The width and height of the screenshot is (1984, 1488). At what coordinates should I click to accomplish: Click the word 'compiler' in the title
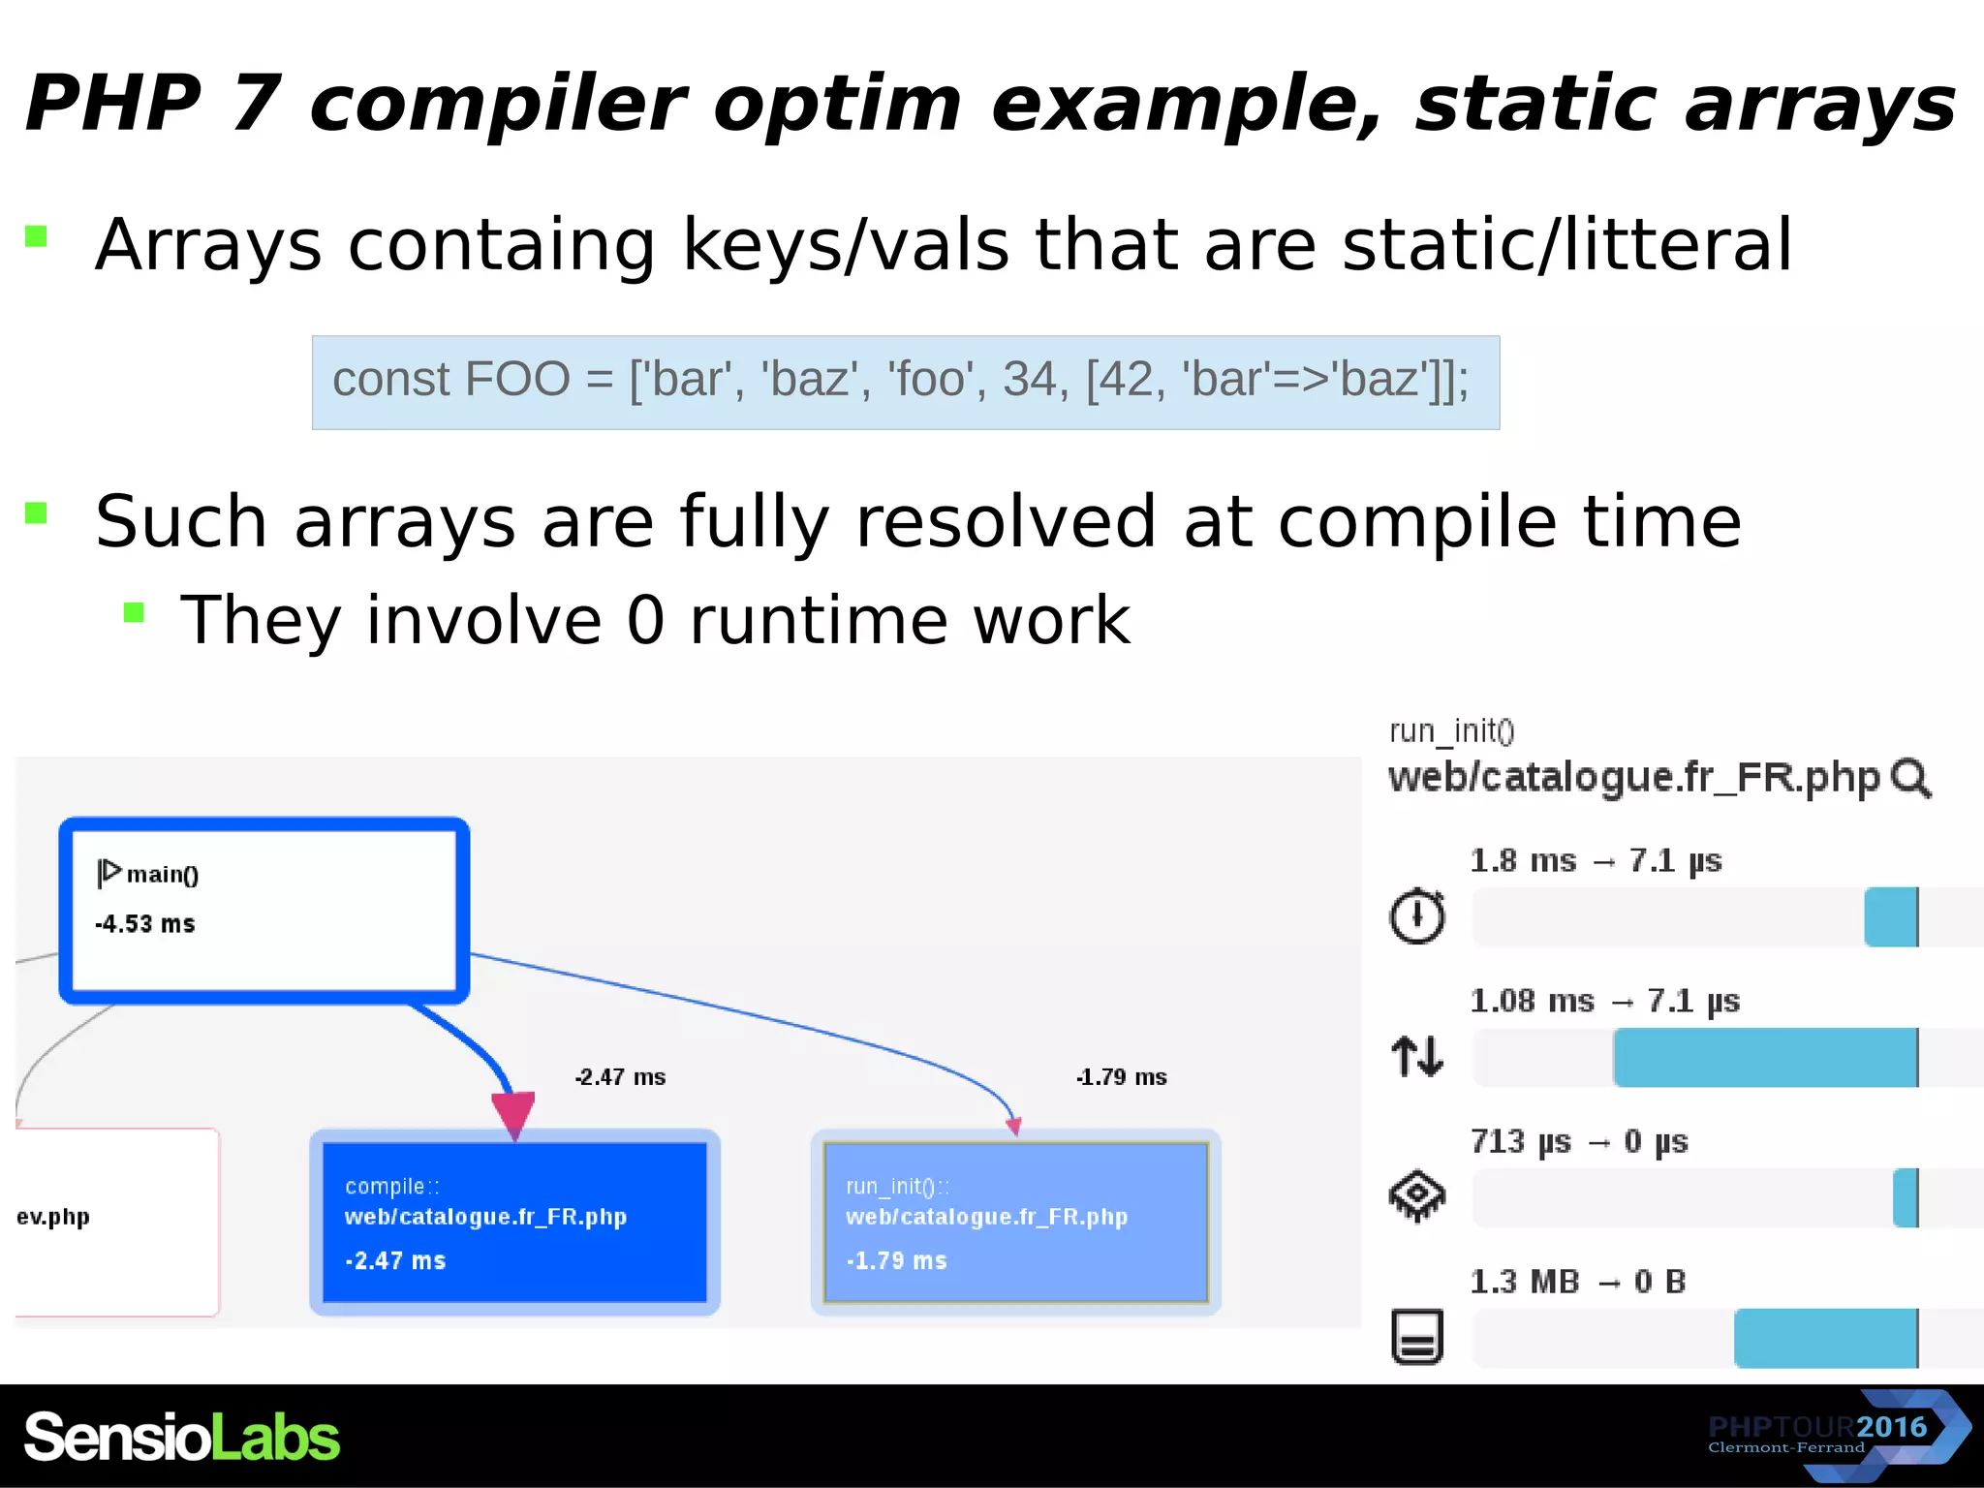[x=497, y=105]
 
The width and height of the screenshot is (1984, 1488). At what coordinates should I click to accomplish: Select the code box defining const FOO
[x=905, y=383]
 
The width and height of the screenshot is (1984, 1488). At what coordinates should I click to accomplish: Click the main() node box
[x=263, y=910]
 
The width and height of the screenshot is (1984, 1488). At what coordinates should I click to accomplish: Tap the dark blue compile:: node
[x=514, y=1222]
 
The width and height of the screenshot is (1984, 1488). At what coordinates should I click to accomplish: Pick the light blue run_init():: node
[x=1015, y=1222]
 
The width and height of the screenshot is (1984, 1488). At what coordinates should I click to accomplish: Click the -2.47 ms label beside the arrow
[x=620, y=1077]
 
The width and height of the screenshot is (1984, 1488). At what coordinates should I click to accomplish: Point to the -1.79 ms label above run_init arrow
[x=1121, y=1077]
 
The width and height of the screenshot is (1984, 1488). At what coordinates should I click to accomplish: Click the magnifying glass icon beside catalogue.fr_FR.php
[x=1910, y=778]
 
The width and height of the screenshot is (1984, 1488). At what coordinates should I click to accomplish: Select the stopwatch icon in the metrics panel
[x=1417, y=914]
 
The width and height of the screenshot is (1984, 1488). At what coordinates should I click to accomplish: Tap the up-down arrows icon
[x=1417, y=1056]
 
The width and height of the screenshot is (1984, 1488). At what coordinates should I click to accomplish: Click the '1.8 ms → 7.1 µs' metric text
[x=1596, y=860]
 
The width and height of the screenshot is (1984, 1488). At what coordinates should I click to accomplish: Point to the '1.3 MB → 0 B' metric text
[x=1577, y=1282]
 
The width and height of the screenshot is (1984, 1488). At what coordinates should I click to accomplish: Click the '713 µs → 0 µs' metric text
[x=1579, y=1141]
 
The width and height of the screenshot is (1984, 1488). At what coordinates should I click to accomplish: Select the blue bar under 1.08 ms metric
[x=1765, y=1057]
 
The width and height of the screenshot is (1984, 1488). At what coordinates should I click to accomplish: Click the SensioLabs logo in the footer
[x=182, y=1437]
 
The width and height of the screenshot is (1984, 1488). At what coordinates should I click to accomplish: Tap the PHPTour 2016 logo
[x=1836, y=1435]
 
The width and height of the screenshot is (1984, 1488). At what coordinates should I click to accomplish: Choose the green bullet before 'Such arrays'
[x=36, y=512]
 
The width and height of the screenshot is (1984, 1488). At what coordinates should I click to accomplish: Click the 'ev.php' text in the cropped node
[x=53, y=1217]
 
